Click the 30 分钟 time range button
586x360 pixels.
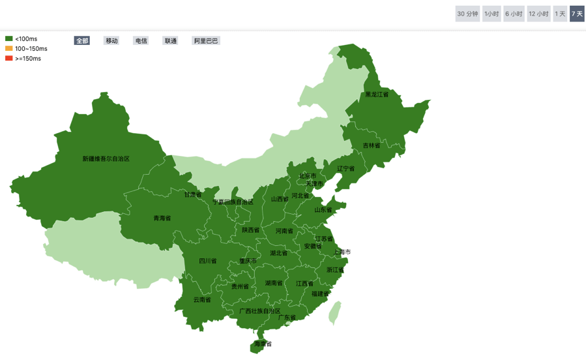[467, 14]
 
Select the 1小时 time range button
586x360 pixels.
[491, 14]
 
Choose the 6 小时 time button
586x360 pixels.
[514, 14]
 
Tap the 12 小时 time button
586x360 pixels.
[538, 14]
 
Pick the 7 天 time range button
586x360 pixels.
[577, 14]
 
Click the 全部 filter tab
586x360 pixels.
[82, 40]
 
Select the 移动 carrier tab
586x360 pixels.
[111, 40]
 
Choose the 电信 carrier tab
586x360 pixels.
[141, 40]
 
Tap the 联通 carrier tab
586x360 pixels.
[170, 40]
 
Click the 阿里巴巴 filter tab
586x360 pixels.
[206, 40]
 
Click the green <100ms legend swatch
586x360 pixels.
[9, 39]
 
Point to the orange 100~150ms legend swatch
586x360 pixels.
[9, 49]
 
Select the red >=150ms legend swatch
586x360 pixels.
[9, 59]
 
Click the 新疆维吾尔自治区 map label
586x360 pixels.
[106, 158]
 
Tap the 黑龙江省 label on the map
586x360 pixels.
[376, 95]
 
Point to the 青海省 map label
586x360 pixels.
[162, 218]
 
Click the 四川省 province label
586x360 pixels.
[208, 261]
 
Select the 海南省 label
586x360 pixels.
[263, 344]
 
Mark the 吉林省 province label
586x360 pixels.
[372, 145]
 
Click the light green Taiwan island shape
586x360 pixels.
[335, 312]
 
